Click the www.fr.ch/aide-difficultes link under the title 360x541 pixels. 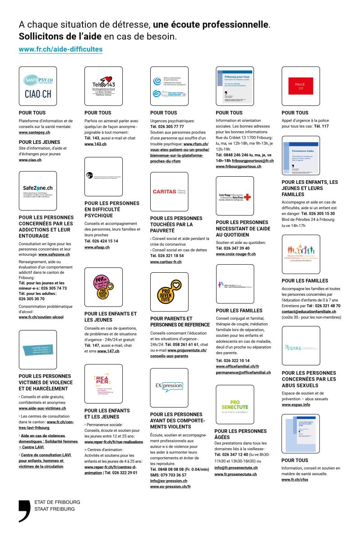tap(60, 49)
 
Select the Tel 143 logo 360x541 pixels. tap(103, 86)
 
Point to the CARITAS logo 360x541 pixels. tap(169, 191)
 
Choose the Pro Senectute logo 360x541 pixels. tap(235, 403)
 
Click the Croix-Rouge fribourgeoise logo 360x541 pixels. tap(235, 196)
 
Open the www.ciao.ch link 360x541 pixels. tap(30, 160)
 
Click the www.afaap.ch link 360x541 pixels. tap(97, 247)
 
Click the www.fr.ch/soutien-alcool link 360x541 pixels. tap(41, 316)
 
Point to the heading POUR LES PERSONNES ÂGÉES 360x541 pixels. tap(241, 434)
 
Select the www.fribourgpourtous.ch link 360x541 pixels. tap(238, 166)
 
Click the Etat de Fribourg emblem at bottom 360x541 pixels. tap(24, 510)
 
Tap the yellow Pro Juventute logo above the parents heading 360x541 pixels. tap(169, 292)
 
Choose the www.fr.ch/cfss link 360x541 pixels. tap(294, 480)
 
